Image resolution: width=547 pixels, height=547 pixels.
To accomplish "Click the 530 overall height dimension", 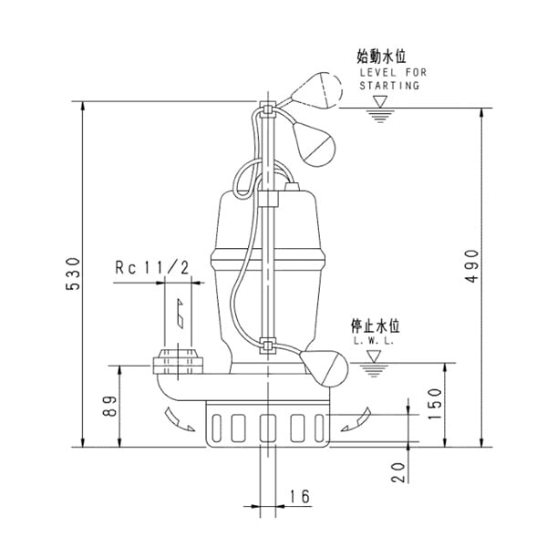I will pyautogui.click(x=74, y=273).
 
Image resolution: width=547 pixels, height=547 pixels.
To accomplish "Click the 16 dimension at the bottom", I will pyautogui.click(x=298, y=496).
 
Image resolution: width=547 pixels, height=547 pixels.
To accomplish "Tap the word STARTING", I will pyautogui.click(x=389, y=85).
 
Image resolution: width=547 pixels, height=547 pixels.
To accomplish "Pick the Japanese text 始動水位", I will pyautogui.click(x=381, y=57).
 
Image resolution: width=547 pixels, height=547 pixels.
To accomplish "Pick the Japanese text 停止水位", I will pyautogui.click(x=376, y=325).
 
